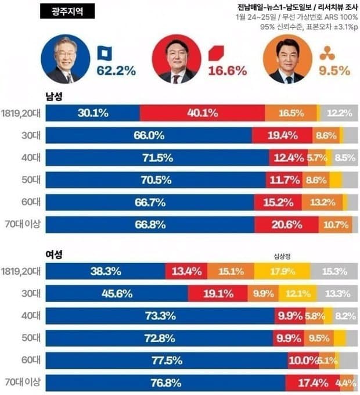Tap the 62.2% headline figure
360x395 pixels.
[x=116, y=71]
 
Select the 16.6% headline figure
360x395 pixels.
[x=228, y=71]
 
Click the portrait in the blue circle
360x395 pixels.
[x=66, y=59]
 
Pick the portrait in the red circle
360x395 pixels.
[x=176, y=59]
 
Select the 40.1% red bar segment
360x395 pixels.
[x=202, y=113]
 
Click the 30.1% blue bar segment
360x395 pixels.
[x=92, y=113]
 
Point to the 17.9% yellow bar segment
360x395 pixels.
[x=282, y=271]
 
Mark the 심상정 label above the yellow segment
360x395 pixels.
[x=282, y=255]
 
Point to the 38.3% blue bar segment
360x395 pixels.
[x=105, y=271]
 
